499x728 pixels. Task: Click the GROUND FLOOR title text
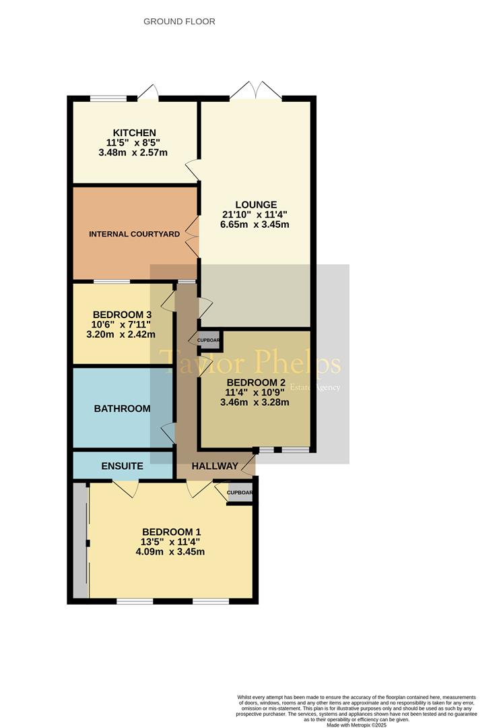pyautogui.click(x=179, y=22)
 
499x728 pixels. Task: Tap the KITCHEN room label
pyautogui.click(x=135, y=133)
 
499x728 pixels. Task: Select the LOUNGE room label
pyautogui.click(x=255, y=205)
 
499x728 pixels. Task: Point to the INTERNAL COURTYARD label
pyautogui.click(x=135, y=235)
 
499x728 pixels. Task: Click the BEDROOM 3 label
pyautogui.click(x=122, y=314)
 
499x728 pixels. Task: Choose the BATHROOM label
pyautogui.click(x=122, y=408)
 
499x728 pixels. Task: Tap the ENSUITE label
pyautogui.click(x=122, y=466)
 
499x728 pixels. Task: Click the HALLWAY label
pyautogui.click(x=214, y=466)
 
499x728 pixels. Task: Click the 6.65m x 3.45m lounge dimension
pyautogui.click(x=255, y=224)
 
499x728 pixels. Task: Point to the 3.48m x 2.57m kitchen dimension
pyautogui.click(x=135, y=153)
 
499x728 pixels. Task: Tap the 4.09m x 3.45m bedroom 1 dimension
pyautogui.click(x=170, y=551)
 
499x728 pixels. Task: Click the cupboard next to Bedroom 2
pyautogui.click(x=208, y=340)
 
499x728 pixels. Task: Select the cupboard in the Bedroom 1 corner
pyautogui.click(x=240, y=493)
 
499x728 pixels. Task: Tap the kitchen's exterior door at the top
pyautogui.click(x=148, y=93)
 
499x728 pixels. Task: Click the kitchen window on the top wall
pyautogui.click(x=109, y=99)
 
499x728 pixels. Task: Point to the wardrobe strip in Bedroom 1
pyautogui.click(x=81, y=540)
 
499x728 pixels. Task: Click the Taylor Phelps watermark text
pyautogui.click(x=249, y=364)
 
